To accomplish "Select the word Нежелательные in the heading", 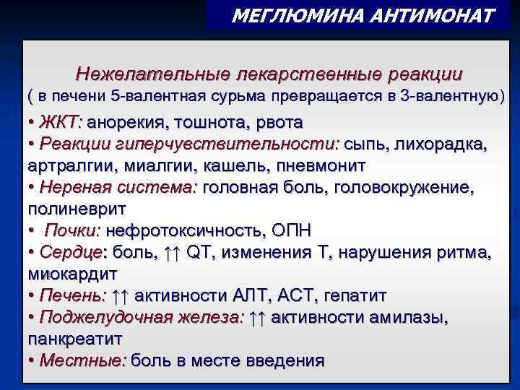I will [151, 75].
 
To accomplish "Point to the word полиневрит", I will [77, 209].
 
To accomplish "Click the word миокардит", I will [72, 274].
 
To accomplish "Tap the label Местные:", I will [83, 360].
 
